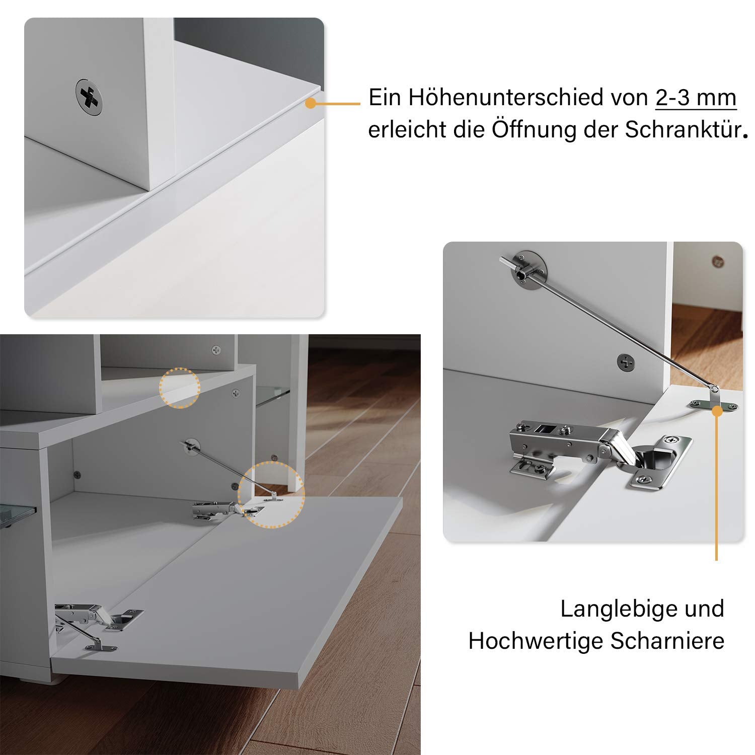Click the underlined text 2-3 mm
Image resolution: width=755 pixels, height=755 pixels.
pos(696,98)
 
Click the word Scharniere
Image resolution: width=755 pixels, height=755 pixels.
pos(667,641)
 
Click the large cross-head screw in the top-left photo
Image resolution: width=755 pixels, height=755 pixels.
pos(90,97)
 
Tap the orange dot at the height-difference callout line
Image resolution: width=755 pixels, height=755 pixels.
pos(310,103)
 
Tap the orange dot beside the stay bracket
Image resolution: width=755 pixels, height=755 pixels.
pos(717,410)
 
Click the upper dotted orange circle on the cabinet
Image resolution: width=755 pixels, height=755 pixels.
pos(180,388)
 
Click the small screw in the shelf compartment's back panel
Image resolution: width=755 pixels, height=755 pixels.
pos(216,349)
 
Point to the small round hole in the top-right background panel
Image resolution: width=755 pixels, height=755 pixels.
pos(717,261)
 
